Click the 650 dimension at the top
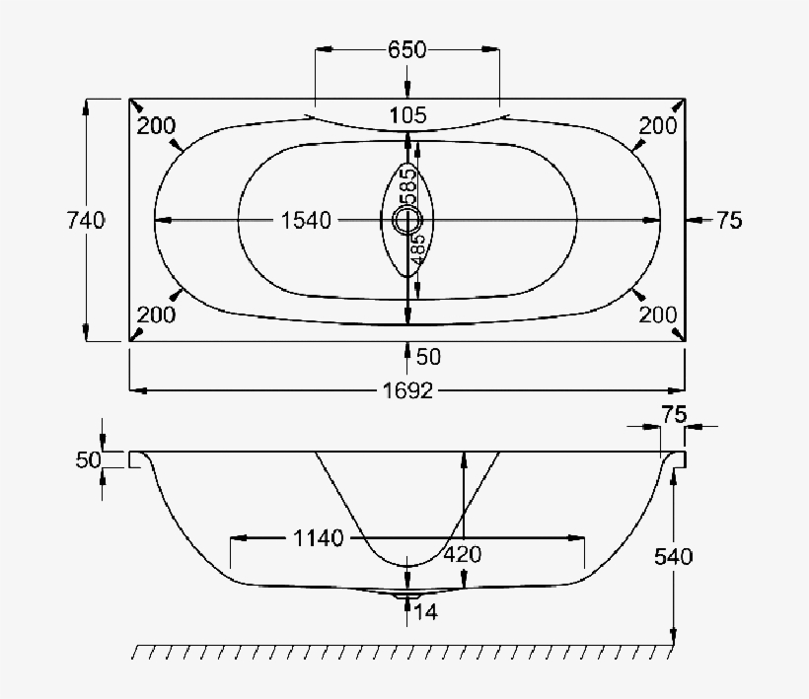tap(406, 50)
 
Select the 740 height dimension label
tap(84, 220)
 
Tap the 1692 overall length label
tap(407, 390)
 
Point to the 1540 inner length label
tap(305, 220)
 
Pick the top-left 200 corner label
tap(156, 125)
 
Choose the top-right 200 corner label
tap(658, 125)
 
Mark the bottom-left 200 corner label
tap(156, 315)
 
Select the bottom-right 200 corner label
tap(658, 315)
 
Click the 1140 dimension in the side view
tap(318, 537)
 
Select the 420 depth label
tap(462, 554)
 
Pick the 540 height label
tap(673, 556)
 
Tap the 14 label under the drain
tap(427, 612)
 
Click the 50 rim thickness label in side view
tap(88, 459)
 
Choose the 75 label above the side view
tap(673, 415)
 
